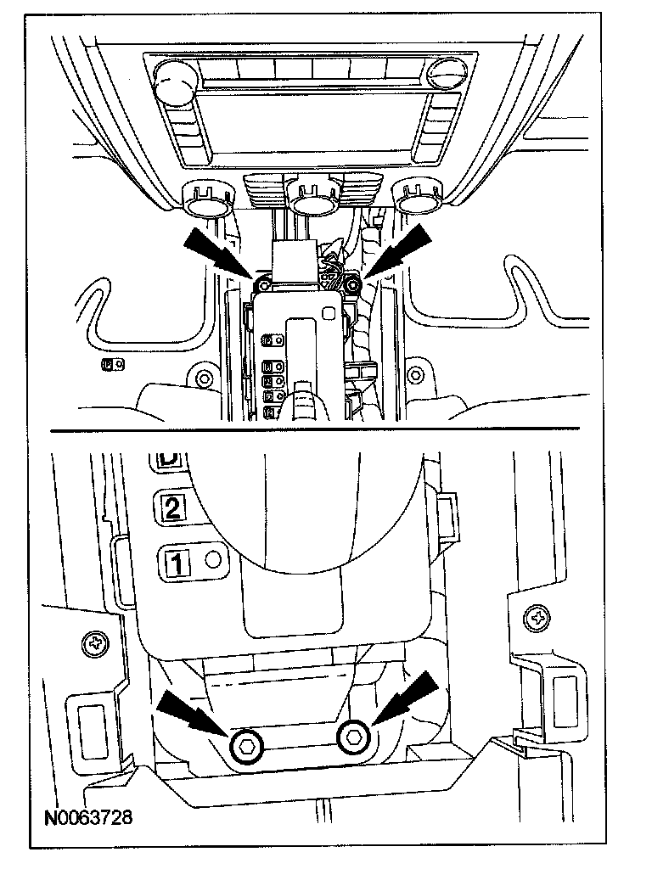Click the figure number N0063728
[x=88, y=820]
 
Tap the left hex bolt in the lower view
[x=246, y=744]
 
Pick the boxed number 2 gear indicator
[x=171, y=508]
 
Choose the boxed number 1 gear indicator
[x=178, y=563]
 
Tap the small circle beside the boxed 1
[x=212, y=559]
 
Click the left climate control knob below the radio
[x=206, y=201]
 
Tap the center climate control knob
[x=309, y=199]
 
